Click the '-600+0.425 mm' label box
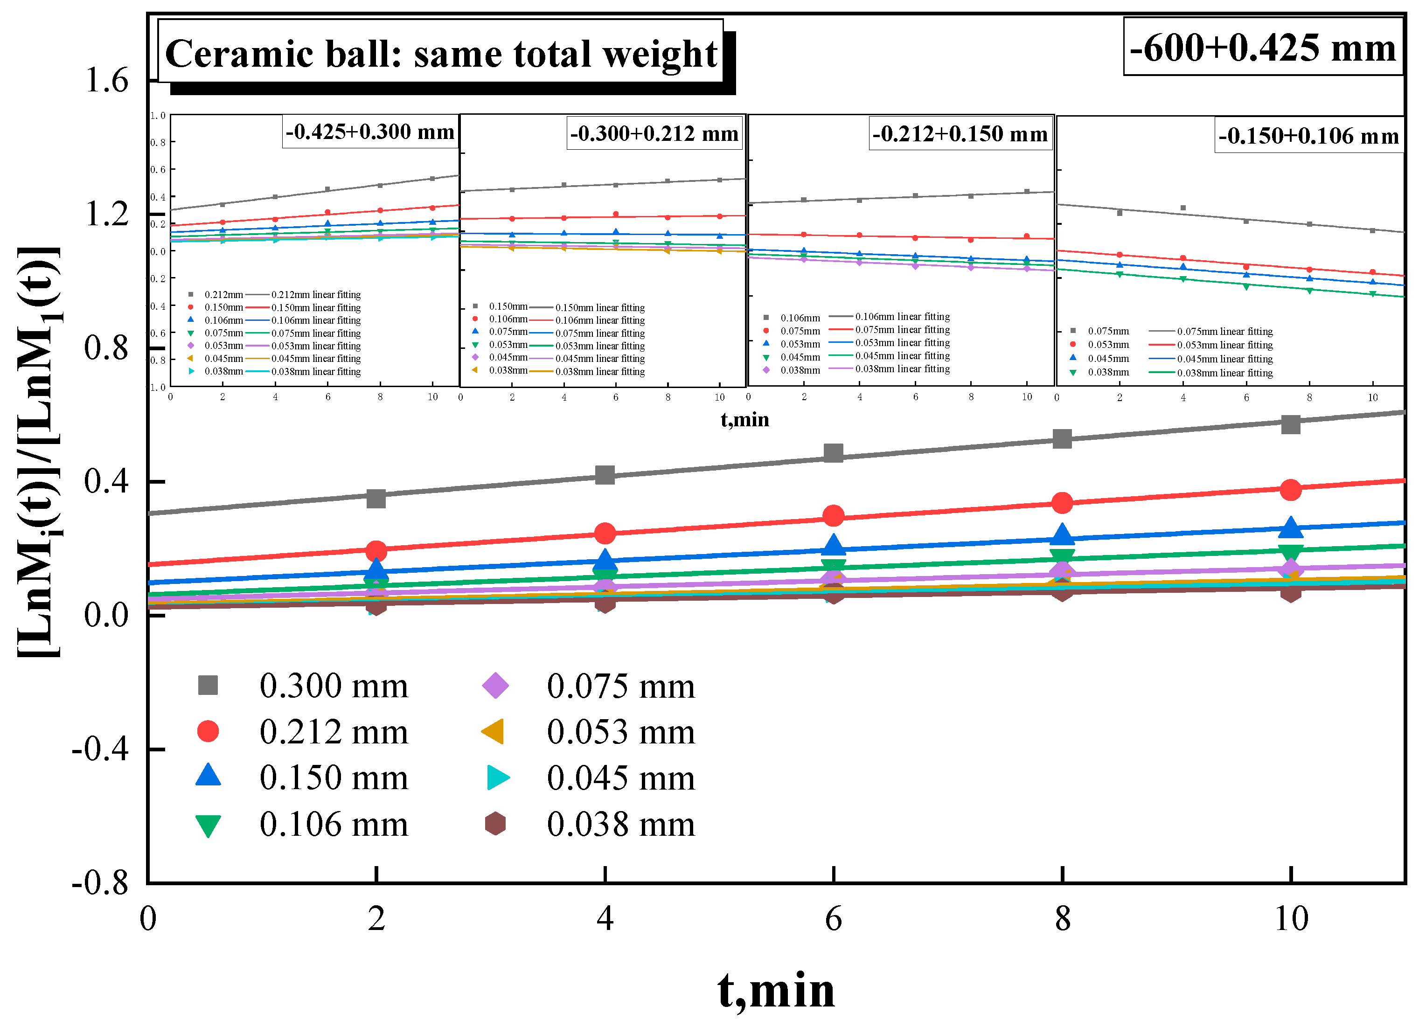(1263, 47)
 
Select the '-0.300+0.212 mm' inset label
(654, 133)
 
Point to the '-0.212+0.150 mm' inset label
(960, 134)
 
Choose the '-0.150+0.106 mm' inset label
(1308, 136)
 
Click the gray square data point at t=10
(1290, 424)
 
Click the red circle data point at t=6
(833, 516)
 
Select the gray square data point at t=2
(376, 499)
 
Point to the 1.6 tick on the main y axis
(106, 80)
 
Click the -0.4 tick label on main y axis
(100, 749)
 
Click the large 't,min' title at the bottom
(776, 990)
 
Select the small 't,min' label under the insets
(744, 420)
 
